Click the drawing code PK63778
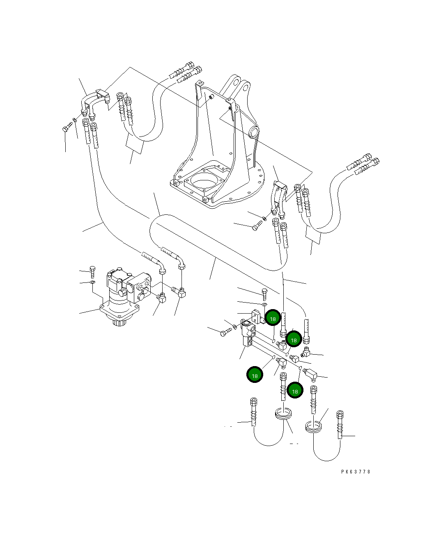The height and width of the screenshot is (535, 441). [356, 471]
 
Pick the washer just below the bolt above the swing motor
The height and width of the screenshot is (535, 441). [93, 282]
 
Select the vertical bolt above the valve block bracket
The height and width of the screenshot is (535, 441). [264, 294]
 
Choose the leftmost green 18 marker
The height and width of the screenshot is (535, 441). [255, 375]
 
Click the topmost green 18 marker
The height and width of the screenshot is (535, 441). [273, 318]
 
